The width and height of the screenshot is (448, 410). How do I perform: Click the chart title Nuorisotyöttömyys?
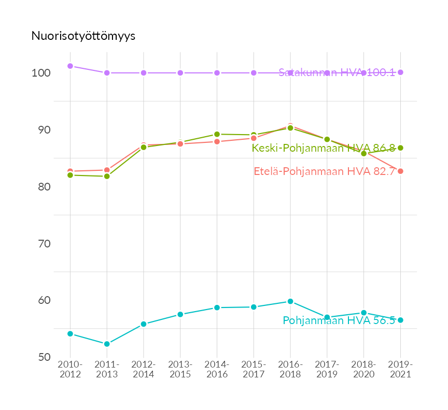coord(83,36)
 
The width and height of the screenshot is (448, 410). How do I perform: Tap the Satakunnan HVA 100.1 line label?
coord(337,72)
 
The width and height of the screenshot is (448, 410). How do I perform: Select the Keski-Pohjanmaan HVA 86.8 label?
coord(324,148)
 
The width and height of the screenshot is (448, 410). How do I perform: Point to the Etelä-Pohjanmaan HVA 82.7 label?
coord(325,171)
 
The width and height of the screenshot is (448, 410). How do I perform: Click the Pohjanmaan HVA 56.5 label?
coord(339,320)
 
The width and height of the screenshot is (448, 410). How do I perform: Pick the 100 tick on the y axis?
coord(41,73)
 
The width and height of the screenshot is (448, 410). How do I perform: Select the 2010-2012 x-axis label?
coord(70,370)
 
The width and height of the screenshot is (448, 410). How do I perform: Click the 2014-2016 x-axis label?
coord(217,370)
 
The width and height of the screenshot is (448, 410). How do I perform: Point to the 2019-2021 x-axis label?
coord(400,370)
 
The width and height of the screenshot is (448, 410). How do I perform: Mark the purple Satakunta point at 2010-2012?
coord(70,66)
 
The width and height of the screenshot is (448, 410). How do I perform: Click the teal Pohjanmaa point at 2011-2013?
coord(107,344)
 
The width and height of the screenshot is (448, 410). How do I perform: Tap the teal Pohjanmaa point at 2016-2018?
coord(290,301)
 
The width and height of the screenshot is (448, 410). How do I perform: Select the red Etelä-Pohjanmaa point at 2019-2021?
coord(400,171)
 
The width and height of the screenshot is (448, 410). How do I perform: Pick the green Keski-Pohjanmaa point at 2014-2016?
coord(217,134)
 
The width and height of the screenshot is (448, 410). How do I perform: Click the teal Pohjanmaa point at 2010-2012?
coord(70,334)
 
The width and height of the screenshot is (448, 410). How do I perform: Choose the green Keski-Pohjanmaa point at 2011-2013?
coord(107,177)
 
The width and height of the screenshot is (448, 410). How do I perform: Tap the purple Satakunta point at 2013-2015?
coord(180,73)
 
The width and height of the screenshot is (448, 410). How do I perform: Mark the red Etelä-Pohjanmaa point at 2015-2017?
coord(254,138)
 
